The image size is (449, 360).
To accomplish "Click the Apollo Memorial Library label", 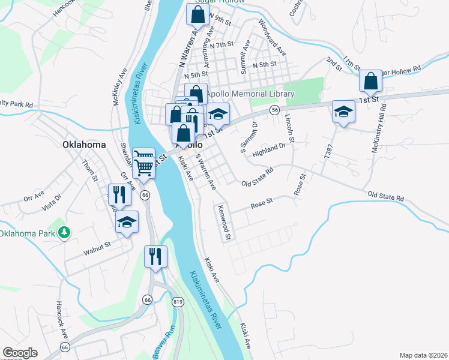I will (x=250, y=94).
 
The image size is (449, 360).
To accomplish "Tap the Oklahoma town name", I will (x=84, y=145).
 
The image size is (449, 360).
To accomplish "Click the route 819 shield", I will (x=177, y=301).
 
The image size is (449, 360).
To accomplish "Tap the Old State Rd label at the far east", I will (x=385, y=197).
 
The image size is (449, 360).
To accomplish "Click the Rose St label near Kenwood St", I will (x=262, y=204).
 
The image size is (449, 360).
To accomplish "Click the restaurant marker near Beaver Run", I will (x=156, y=257).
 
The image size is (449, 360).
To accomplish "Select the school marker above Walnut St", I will (x=127, y=222).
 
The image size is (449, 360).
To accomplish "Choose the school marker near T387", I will (x=343, y=112).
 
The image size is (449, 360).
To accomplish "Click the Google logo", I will (x=20, y=353).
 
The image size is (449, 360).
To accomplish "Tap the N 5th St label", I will (x=265, y=64).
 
